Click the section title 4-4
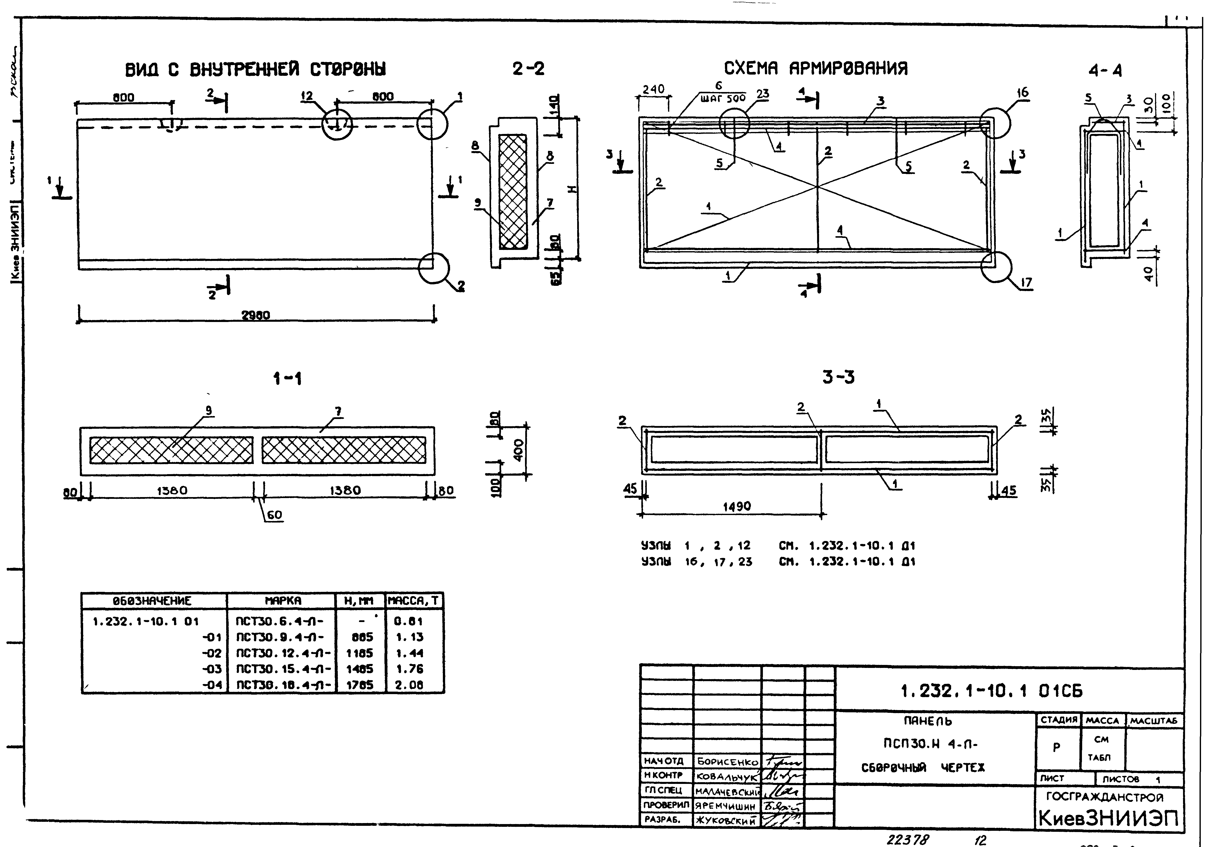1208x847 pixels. pyautogui.click(x=1105, y=70)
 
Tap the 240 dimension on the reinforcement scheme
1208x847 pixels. pyautogui.click(x=654, y=89)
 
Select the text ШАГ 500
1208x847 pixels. pyautogui.click(x=723, y=98)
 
